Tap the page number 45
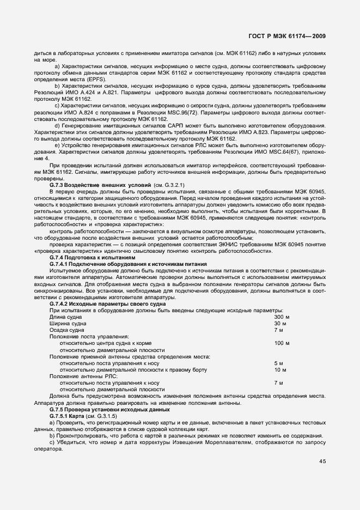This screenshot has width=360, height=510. coord(323,462)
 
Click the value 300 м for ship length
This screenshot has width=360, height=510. coord(282,317)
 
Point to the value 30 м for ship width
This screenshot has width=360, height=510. coord(280,324)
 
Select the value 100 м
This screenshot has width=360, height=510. coord(282,343)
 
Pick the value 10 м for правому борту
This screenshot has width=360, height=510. coord(280,369)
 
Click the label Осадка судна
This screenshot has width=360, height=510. coord(67,330)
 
